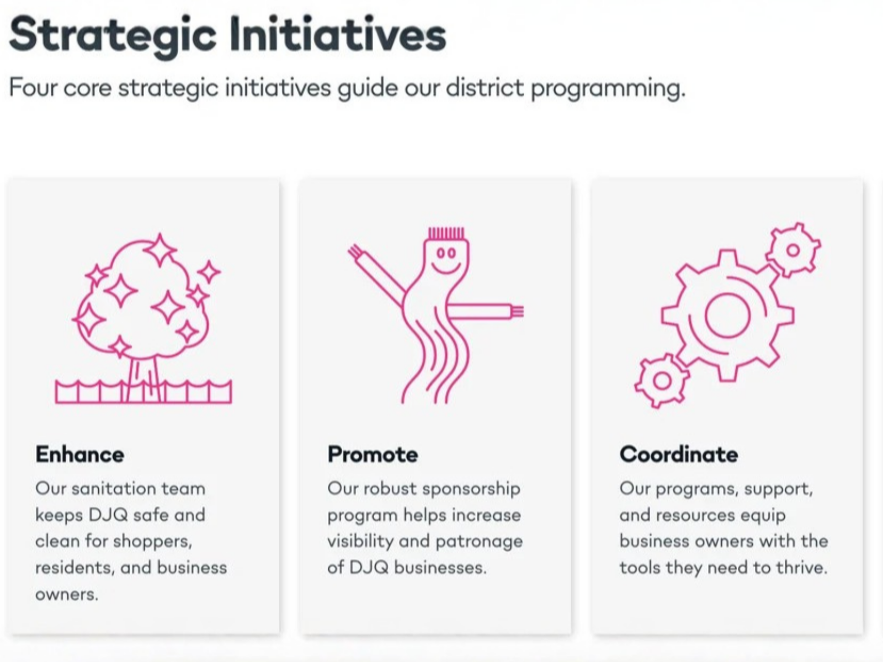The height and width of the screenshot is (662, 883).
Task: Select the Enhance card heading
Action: (x=79, y=455)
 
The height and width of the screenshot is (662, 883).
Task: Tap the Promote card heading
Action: (x=373, y=455)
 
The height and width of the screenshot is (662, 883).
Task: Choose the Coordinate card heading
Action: (x=679, y=455)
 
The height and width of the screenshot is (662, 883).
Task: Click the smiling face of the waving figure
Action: (x=446, y=259)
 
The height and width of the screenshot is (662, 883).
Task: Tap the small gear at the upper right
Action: (x=793, y=250)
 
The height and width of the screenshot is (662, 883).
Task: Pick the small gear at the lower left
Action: (x=662, y=381)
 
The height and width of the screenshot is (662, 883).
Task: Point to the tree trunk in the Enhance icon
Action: (x=144, y=380)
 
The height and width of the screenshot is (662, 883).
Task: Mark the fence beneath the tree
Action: (x=143, y=392)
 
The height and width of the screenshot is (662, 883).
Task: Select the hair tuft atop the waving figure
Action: (x=446, y=233)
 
